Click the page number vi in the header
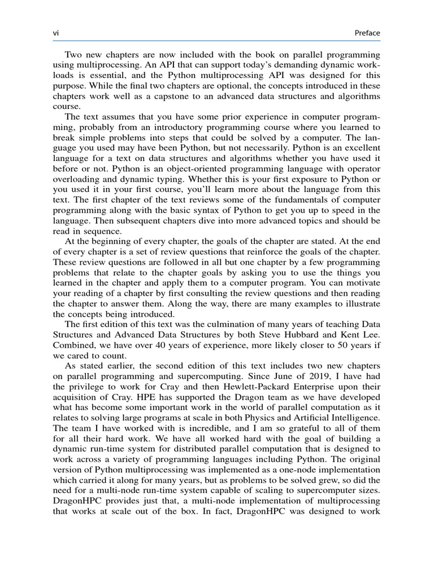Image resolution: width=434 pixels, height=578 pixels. pos(55,33)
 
